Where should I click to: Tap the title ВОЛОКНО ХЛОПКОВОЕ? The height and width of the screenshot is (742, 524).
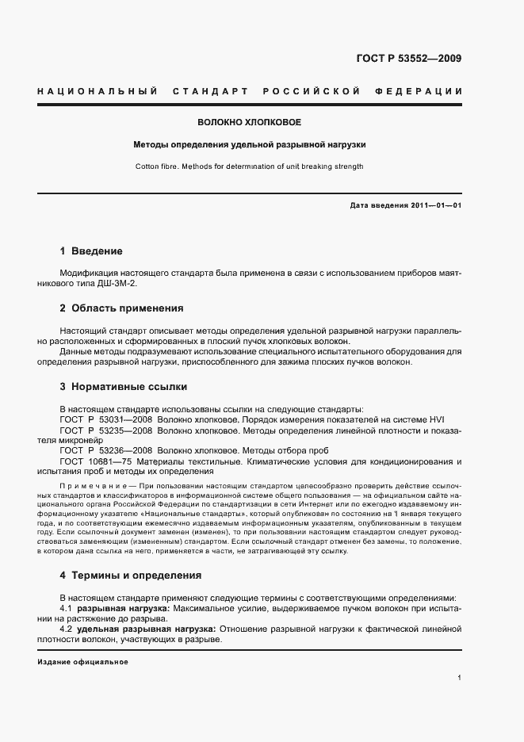[249, 123]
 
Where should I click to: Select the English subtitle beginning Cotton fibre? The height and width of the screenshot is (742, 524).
[249, 166]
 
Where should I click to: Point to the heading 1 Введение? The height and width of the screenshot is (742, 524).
[91, 251]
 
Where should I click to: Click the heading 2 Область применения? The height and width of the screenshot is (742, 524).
[121, 308]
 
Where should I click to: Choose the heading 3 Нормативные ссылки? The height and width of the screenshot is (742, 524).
[124, 387]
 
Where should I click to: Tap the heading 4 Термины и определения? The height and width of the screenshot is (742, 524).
[131, 575]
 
